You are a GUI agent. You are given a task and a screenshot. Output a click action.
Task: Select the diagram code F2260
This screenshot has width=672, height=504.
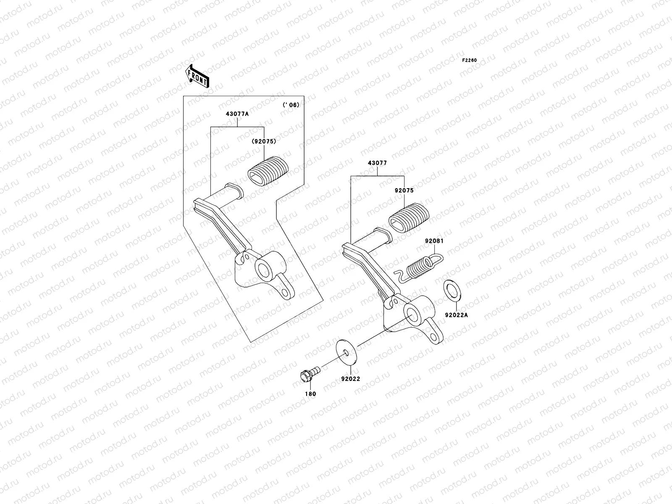point(470,60)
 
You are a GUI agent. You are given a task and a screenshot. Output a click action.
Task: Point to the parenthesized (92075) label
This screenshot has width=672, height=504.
point(264,142)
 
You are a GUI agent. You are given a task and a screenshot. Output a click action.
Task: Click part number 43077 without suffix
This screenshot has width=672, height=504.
point(378,163)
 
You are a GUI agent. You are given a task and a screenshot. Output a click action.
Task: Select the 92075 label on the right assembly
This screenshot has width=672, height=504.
point(404,190)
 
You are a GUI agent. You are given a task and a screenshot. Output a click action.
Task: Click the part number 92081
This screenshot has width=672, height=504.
point(434,241)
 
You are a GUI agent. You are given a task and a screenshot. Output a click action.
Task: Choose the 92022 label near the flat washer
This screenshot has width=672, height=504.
point(350,378)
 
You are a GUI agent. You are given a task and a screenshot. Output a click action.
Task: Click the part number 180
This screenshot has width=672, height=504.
point(310,394)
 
